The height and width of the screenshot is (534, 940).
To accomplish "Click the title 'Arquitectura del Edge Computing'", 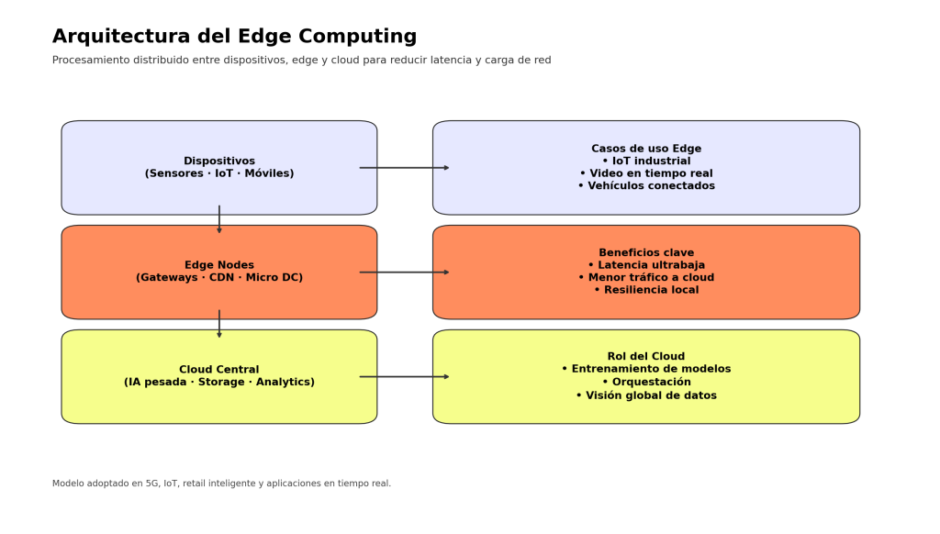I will tap(234, 37).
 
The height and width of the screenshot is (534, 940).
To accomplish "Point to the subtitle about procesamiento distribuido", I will tap(301, 61).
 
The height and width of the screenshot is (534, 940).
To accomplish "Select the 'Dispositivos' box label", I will tap(219, 167).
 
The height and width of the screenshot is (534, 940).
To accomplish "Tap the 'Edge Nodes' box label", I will tap(219, 272).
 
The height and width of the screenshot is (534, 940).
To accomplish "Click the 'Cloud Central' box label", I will tap(219, 376).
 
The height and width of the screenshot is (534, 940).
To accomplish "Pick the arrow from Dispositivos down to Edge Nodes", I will tap(219, 220).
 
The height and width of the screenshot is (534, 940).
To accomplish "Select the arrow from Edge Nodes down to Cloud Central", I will tap(219, 325).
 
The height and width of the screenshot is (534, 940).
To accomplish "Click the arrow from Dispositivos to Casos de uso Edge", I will tap(404, 168).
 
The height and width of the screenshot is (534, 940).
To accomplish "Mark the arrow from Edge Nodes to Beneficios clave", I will tap(404, 273).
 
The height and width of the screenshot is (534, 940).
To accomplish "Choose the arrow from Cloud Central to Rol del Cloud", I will tap(404, 377).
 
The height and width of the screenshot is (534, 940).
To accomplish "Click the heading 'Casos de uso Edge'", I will tap(646, 149).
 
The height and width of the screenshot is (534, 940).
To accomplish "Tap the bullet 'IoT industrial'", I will tap(646, 161).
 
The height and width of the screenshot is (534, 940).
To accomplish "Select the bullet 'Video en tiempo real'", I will tap(646, 173).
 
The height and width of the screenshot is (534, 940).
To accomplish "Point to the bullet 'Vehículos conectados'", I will tap(646, 186).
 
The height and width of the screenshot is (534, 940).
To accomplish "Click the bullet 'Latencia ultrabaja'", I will tap(646, 265).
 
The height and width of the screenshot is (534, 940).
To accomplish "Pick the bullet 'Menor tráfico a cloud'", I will tap(646, 278).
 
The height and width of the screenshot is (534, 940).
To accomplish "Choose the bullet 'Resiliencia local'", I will tap(646, 290).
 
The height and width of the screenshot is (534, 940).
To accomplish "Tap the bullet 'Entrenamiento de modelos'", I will tap(646, 369).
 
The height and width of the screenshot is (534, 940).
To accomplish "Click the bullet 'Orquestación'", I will tap(646, 383).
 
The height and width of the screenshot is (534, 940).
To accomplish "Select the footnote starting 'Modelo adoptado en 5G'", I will tap(221, 484).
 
